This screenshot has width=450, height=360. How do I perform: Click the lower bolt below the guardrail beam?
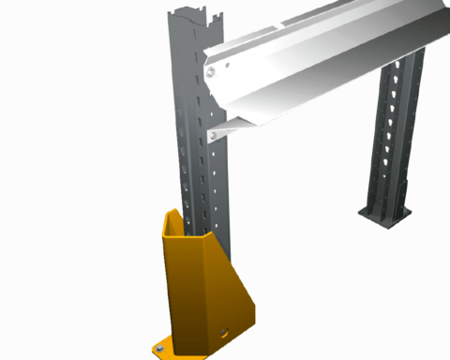click(x=215, y=136)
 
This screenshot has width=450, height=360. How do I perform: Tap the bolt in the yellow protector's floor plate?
click(x=157, y=350)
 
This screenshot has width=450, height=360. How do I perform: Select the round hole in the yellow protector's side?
click(x=224, y=331)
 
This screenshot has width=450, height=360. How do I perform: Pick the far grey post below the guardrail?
click(x=394, y=141)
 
